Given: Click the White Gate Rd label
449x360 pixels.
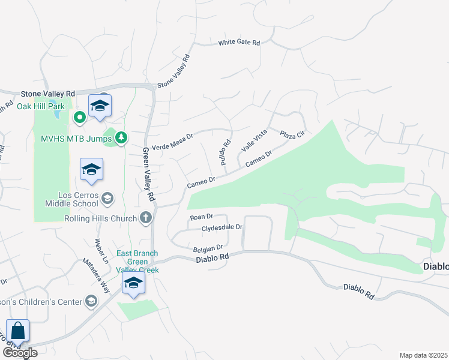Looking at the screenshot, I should [x=239, y=43].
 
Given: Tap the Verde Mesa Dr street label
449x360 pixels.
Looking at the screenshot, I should [x=172, y=137].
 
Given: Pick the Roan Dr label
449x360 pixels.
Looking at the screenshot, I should [x=201, y=217].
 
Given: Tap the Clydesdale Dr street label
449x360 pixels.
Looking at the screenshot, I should [x=221, y=227].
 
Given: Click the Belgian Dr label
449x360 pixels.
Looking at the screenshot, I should [x=208, y=247].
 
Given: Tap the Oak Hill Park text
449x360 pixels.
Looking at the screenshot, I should [x=40, y=106].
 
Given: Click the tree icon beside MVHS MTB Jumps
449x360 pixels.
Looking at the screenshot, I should [x=121, y=138].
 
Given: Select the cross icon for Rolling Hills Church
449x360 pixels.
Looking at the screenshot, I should [x=145, y=218].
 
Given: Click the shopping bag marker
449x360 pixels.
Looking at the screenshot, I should [x=18, y=331].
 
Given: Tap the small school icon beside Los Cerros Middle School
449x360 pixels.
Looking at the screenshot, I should [x=107, y=199].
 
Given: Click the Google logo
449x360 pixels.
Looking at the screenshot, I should [x=20, y=353].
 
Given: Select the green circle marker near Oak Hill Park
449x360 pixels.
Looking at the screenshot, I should [x=79, y=117].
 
